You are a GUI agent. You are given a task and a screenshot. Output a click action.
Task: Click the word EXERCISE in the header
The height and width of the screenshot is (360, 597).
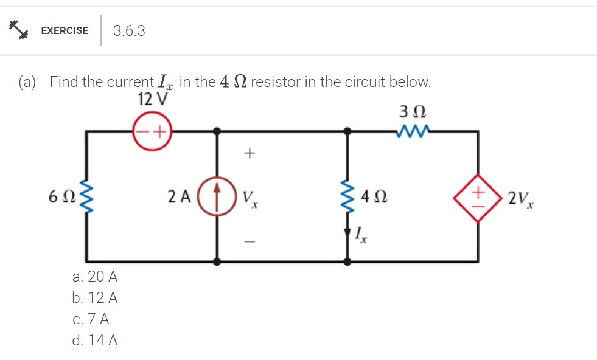click(65, 30)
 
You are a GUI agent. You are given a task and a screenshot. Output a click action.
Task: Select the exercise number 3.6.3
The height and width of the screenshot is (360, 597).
click(129, 31)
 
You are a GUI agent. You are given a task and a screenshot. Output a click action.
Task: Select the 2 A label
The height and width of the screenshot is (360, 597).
click(179, 196)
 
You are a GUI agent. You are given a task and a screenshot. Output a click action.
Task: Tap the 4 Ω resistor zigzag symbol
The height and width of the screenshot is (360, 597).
click(347, 196)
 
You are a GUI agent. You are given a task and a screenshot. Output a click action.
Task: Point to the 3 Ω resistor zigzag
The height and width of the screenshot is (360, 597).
click(413, 130)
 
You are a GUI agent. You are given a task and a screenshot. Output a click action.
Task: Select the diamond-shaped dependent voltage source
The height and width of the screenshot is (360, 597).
click(478, 197)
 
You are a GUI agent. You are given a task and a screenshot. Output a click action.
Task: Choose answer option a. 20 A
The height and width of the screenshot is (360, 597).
click(94, 277)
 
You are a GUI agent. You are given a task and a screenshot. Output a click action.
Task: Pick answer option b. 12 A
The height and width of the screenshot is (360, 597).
click(94, 298)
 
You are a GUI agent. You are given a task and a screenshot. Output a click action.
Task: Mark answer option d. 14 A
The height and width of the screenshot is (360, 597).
click(94, 341)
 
